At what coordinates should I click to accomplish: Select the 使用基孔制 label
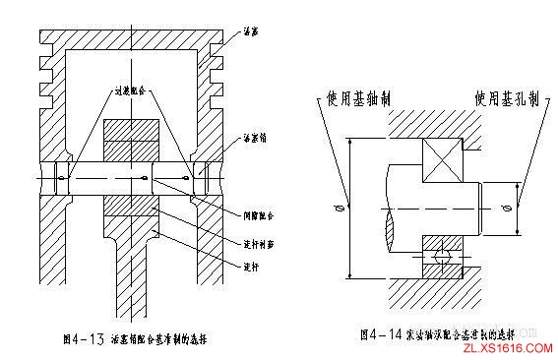503,99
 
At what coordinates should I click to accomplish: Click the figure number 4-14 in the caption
394,334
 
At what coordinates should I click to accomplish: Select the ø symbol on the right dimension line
503,210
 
